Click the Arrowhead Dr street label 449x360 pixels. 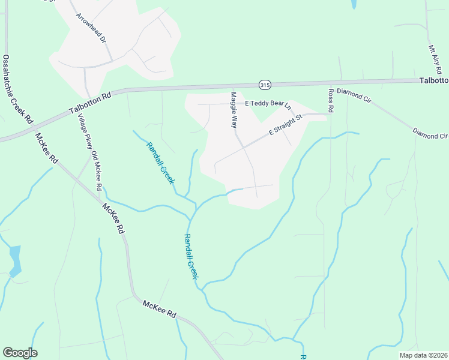91,27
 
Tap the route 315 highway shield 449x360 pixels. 265,84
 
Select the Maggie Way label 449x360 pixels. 234,110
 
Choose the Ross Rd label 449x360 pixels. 330,101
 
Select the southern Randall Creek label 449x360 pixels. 191,256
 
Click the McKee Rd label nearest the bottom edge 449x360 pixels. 159,309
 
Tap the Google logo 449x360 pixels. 20,353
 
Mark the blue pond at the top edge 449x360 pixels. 353,4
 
